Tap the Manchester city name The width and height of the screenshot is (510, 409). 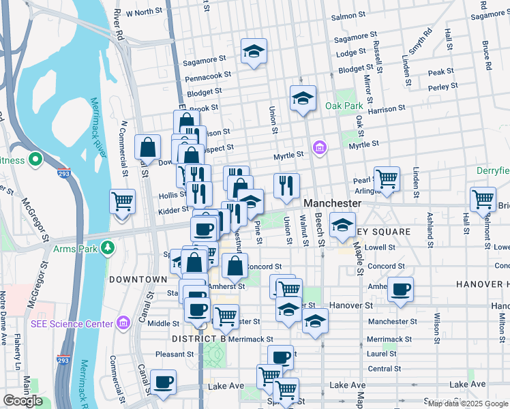point(332,203)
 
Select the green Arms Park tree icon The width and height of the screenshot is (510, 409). point(107,247)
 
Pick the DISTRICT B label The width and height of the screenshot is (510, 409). point(198,339)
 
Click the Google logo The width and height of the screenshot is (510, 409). point(22,401)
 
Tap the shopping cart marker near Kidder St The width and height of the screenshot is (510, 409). point(123,202)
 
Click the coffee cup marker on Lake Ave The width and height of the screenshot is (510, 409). point(163,383)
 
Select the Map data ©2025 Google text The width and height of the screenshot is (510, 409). point(467,404)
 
